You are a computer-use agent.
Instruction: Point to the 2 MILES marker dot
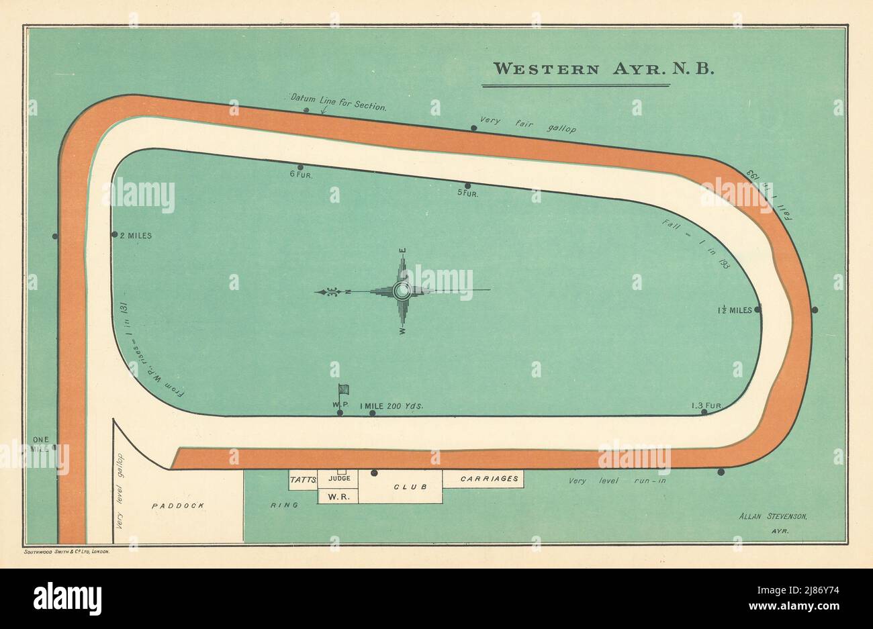(115, 235)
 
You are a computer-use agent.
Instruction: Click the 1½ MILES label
(734, 310)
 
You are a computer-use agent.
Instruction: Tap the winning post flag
(343, 389)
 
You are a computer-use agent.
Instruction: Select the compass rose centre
(402, 291)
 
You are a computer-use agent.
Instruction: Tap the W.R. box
(338, 496)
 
